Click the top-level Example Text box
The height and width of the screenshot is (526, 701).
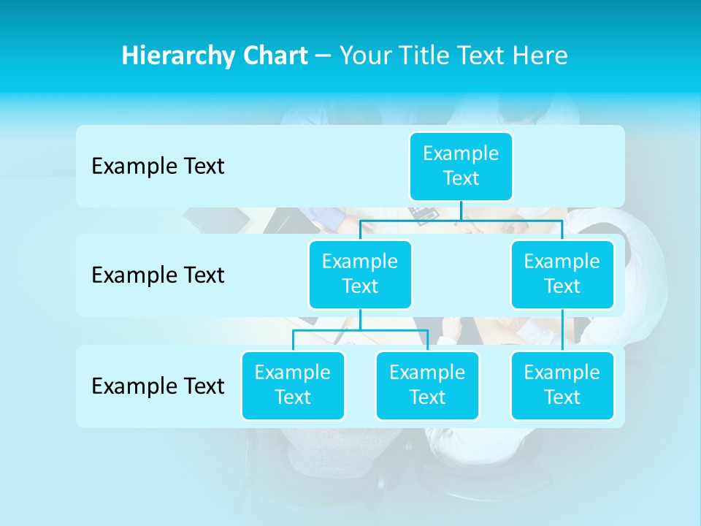pyautogui.click(x=461, y=166)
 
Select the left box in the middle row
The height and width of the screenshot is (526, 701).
pyautogui.click(x=360, y=274)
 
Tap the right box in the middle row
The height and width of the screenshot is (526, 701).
pyautogui.click(x=562, y=274)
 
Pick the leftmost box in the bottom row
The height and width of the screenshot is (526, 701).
pyautogui.click(x=293, y=385)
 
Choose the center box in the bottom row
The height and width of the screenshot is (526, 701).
pyautogui.click(x=427, y=385)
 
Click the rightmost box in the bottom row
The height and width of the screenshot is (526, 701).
pyautogui.click(x=562, y=385)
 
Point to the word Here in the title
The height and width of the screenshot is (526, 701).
pyautogui.click(x=541, y=56)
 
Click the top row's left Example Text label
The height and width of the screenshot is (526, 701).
pyautogui.click(x=158, y=166)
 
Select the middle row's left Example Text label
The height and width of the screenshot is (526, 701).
pyautogui.click(x=158, y=275)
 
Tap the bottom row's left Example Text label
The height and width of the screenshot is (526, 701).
pyautogui.click(x=158, y=386)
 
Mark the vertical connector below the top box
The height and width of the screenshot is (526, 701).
pyautogui.click(x=461, y=210)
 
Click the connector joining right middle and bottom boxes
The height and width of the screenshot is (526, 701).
pyautogui.click(x=562, y=330)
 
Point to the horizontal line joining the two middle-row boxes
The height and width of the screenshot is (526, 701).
pyautogui.click(x=461, y=220)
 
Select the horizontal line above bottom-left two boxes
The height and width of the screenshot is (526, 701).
pyautogui.click(x=360, y=331)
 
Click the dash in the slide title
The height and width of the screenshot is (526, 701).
pyautogui.click(x=323, y=56)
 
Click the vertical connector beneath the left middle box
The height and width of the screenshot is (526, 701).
pyautogui.click(x=360, y=320)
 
